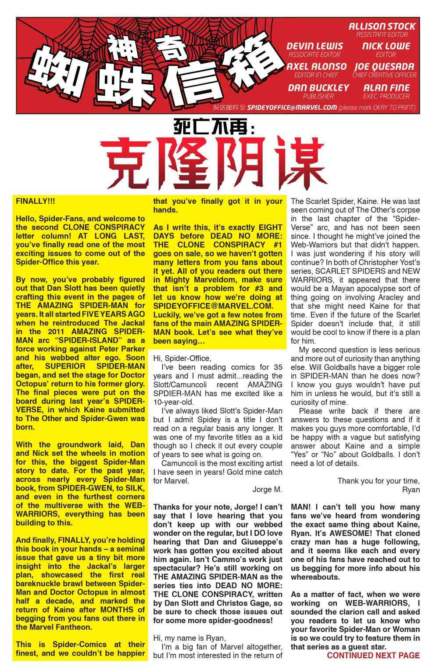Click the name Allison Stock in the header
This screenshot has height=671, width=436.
(382, 26)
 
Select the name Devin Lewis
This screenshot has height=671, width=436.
(314, 46)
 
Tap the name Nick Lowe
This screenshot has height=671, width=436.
(386, 46)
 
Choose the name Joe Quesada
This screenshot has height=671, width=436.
(384, 67)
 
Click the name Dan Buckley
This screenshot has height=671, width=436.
(318, 88)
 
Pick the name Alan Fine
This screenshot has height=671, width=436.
(386, 88)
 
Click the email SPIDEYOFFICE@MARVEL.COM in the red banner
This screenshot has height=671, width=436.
(292, 108)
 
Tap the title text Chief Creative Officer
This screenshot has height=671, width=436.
(384, 75)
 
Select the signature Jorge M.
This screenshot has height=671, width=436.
(267, 489)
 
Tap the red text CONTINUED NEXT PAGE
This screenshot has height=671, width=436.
(373, 656)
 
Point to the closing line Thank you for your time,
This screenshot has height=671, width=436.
(378, 481)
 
